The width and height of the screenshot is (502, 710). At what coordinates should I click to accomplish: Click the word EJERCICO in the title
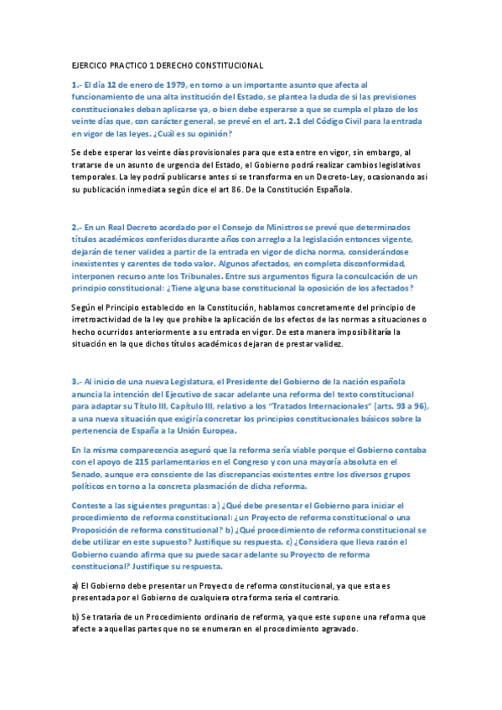point(93,64)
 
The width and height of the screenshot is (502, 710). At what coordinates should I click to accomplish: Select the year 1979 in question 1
point(169,85)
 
